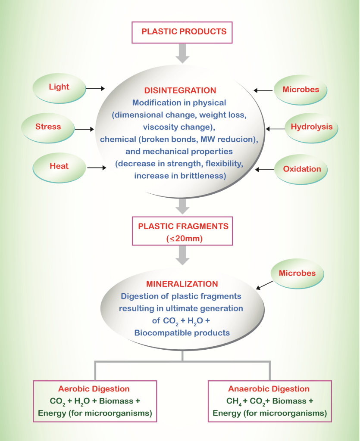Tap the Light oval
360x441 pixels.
(59, 87)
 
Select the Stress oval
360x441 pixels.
(48, 127)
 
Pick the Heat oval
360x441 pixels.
(59, 166)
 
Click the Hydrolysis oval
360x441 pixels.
(311, 127)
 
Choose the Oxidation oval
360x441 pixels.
(302, 169)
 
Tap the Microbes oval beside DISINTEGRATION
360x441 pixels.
(301, 90)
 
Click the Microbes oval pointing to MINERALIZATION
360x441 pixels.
(297, 273)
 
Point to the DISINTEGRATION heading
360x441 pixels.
(180, 91)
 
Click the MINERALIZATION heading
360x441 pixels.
(182, 284)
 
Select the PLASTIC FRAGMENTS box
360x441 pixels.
(183, 231)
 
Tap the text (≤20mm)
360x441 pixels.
(183, 237)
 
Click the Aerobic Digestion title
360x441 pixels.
(94, 389)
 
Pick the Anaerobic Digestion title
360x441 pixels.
(269, 389)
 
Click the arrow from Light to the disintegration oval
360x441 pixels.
(95, 88)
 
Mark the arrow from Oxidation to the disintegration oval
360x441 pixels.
(265, 170)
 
